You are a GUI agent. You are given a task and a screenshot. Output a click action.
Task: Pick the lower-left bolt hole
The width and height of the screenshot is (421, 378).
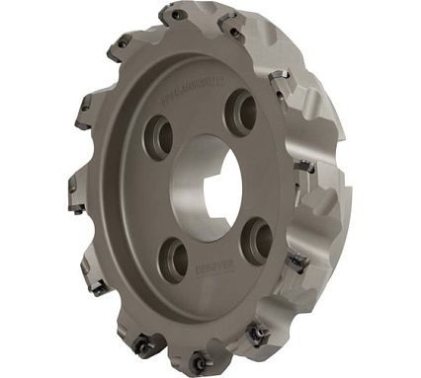pyautogui.click(x=175, y=258)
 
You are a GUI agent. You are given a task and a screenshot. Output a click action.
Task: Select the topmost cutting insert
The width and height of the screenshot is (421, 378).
pyautogui.click(x=177, y=14)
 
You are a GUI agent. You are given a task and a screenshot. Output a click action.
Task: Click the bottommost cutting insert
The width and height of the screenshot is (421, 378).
pyautogui.click(x=199, y=361)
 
